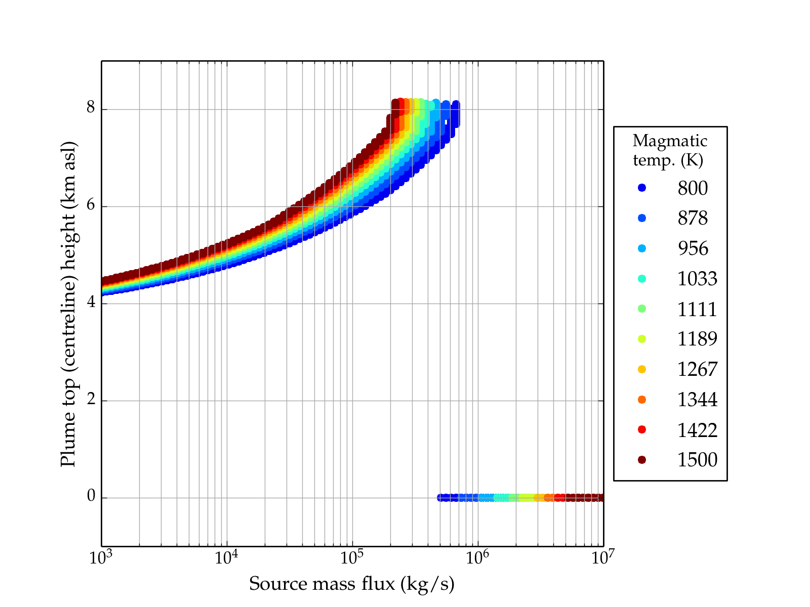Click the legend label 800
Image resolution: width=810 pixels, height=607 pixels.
click(x=693, y=188)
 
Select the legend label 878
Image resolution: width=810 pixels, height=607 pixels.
click(x=693, y=218)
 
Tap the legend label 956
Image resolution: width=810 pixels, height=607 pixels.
click(x=693, y=248)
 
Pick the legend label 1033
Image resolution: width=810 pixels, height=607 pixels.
click(x=697, y=279)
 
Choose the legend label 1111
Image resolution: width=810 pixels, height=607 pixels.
click(x=697, y=309)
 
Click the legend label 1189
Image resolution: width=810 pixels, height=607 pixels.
click(x=697, y=339)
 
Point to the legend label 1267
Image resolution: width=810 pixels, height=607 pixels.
click(x=697, y=369)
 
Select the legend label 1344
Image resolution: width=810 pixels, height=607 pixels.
click(x=697, y=400)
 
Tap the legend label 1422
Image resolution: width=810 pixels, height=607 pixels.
click(x=697, y=430)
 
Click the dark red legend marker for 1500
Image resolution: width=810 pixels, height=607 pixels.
click(x=642, y=460)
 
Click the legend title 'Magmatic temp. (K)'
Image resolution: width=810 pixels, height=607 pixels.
click(x=670, y=150)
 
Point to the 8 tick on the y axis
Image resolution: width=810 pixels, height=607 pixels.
click(x=91, y=109)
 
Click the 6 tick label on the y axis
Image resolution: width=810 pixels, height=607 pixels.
click(x=91, y=206)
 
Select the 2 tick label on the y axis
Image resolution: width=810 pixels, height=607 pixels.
click(x=91, y=401)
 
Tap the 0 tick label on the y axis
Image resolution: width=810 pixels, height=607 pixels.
click(x=91, y=497)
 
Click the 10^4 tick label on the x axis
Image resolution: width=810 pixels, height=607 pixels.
click(x=226, y=557)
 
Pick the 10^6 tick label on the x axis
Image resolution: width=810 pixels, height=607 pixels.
click(x=477, y=557)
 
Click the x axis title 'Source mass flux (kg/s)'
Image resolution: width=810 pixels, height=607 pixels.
click(x=352, y=584)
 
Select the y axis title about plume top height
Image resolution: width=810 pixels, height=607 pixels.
click(x=68, y=303)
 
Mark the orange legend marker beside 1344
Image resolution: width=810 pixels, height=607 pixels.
click(x=642, y=400)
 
